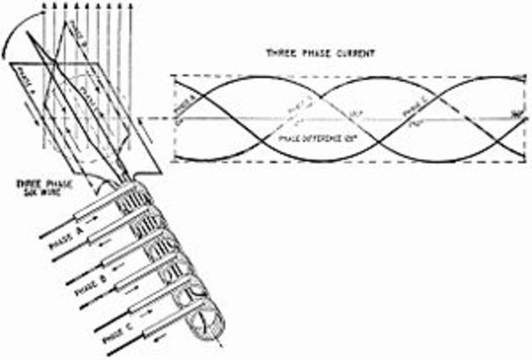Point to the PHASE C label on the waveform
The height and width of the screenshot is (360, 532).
(x=417, y=108)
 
